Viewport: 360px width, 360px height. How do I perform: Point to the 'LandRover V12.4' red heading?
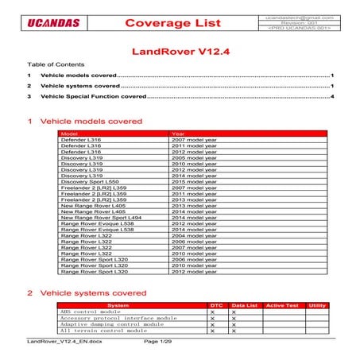[x=180, y=52]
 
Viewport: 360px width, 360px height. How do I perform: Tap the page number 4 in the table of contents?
[x=331, y=96]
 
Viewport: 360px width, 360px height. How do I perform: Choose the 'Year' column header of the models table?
[x=178, y=134]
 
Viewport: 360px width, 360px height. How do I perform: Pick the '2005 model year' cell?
[x=194, y=148]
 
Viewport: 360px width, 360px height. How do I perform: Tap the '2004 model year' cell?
[x=194, y=236]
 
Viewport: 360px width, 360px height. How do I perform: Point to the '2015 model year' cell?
[x=194, y=181]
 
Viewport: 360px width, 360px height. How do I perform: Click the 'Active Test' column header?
[x=280, y=305]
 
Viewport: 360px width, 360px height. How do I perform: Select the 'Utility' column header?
[x=317, y=305]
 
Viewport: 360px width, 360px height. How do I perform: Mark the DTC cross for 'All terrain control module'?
[x=213, y=331]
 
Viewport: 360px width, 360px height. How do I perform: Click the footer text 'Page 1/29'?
[x=157, y=341]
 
